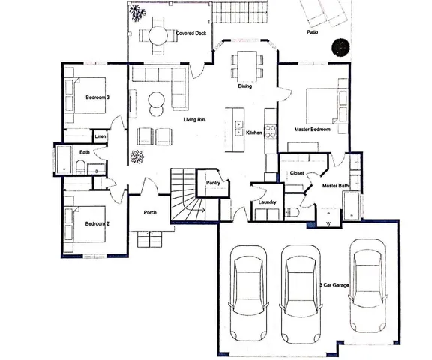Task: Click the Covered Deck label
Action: (x=190, y=34)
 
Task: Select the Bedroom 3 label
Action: (x=97, y=97)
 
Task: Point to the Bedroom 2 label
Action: (x=97, y=223)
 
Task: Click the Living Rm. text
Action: (x=195, y=119)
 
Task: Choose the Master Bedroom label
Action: (x=313, y=129)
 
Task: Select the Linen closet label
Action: (x=100, y=136)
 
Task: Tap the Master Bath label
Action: (x=335, y=185)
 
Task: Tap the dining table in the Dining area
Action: (x=245, y=65)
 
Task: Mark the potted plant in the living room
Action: (x=136, y=157)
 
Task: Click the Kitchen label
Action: (x=254, y=133)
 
